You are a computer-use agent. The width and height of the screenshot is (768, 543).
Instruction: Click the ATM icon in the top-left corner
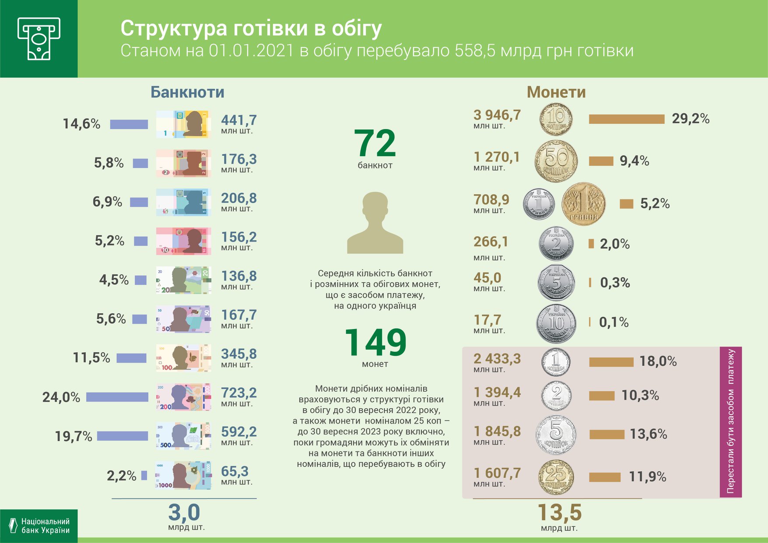(39, 39)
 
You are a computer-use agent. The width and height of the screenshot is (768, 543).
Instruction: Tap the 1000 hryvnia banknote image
(183, 475)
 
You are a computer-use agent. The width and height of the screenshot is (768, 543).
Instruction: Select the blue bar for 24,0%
(117, 397)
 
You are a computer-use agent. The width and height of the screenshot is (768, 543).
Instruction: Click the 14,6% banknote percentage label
(81, 124)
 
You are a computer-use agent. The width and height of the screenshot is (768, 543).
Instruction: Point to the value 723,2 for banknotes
(238, 393)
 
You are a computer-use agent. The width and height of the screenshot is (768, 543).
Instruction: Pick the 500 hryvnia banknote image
(183, 436)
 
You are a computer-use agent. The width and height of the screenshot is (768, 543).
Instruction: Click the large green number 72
(375, 144)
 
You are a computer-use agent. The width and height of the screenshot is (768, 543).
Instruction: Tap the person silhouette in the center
(375, 223)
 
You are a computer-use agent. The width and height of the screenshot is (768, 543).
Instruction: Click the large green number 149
(375, 342)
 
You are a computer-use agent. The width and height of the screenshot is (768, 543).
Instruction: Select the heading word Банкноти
(187, 92)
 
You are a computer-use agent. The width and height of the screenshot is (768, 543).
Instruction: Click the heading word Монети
(556, 92)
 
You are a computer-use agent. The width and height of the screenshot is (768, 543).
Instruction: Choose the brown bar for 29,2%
(626, 119)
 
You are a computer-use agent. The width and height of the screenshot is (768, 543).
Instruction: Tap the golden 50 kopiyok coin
(556, 161)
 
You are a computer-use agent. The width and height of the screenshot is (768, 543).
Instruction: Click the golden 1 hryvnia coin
(583, 204)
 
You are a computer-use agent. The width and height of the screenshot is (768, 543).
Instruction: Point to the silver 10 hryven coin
(556, 323)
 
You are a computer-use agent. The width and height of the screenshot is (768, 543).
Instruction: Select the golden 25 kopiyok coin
(556, 476)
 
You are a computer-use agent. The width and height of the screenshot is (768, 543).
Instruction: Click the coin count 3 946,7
(497, 115)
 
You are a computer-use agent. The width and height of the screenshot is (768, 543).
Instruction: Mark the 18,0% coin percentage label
(658, 361)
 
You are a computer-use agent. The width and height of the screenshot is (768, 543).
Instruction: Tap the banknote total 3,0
(184, 512)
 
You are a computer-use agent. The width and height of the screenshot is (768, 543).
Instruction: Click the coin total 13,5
(559, 512)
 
